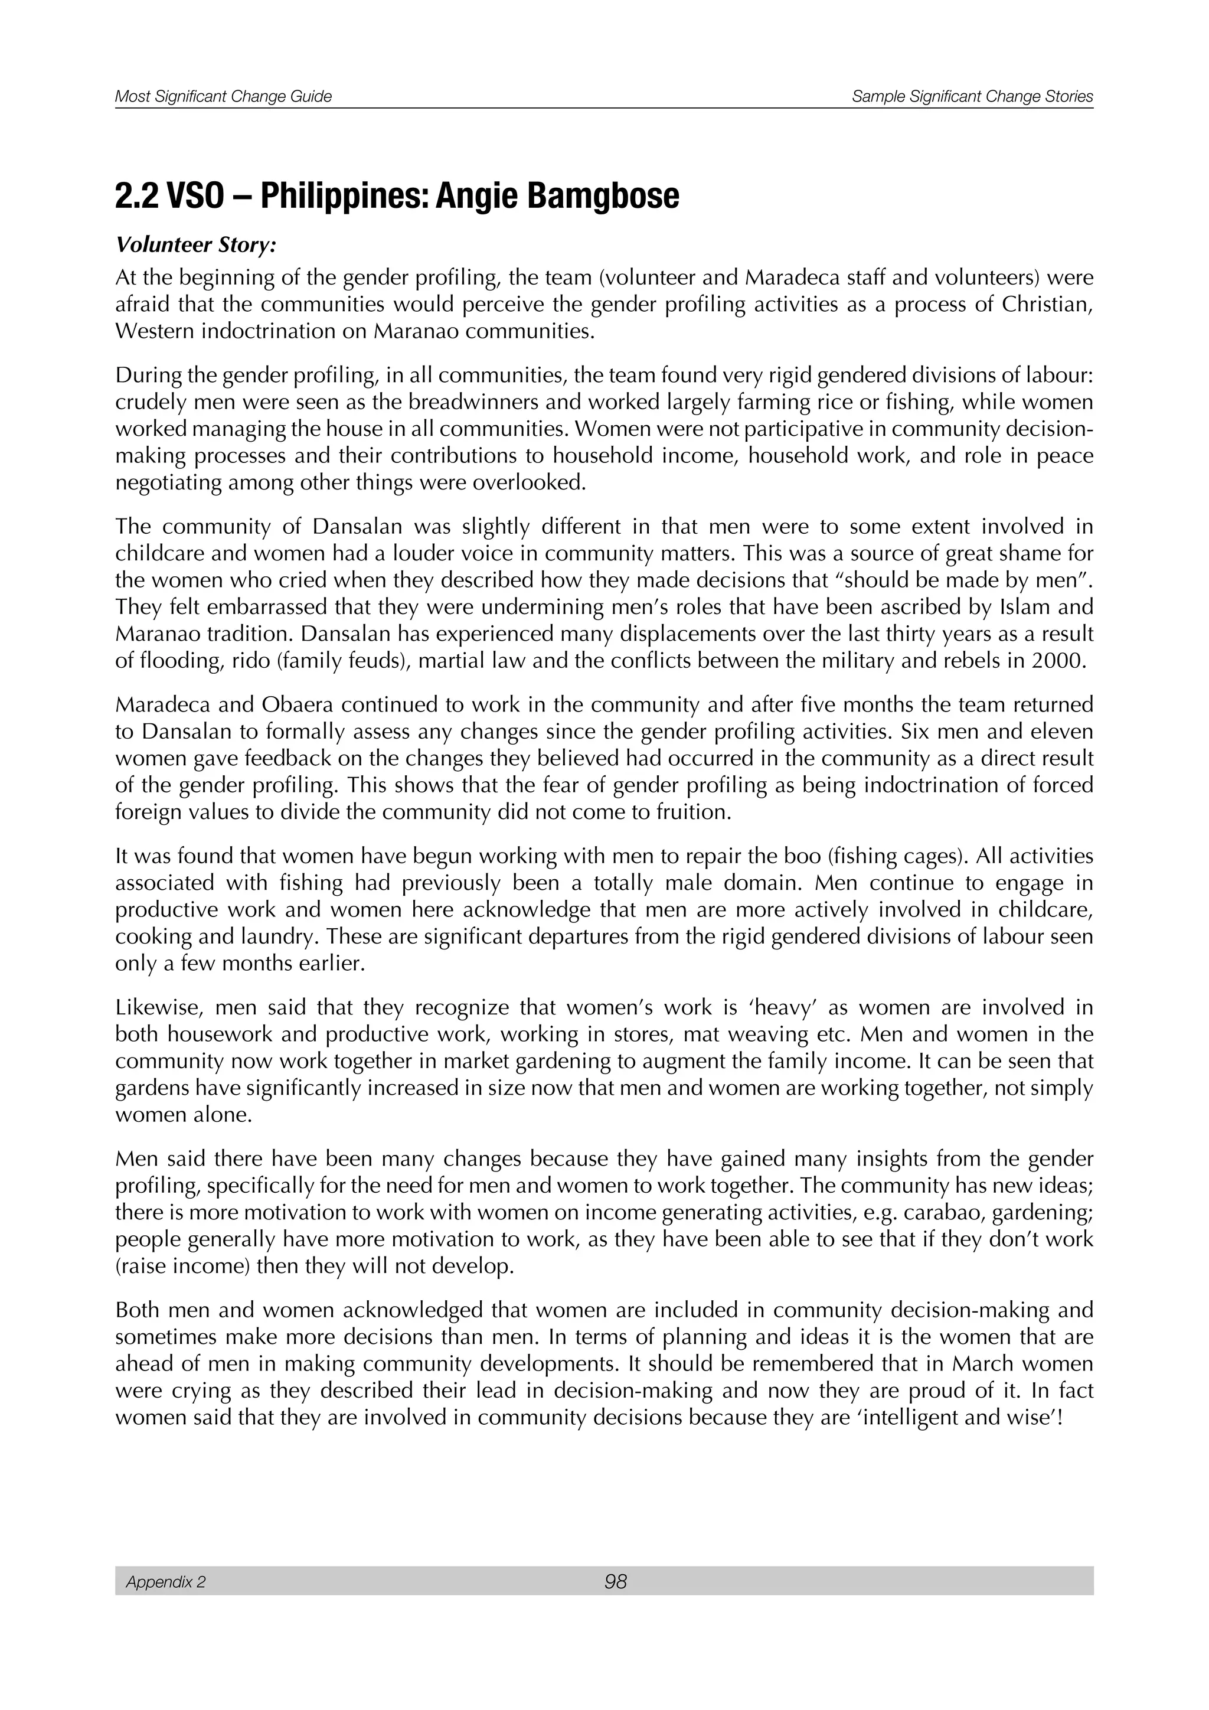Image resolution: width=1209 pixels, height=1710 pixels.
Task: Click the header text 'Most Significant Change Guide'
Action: coord(223,96)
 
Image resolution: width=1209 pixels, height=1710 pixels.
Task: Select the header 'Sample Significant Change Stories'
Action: coord(972,96)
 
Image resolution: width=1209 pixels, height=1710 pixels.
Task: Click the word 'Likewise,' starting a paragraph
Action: coord(159,1008)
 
